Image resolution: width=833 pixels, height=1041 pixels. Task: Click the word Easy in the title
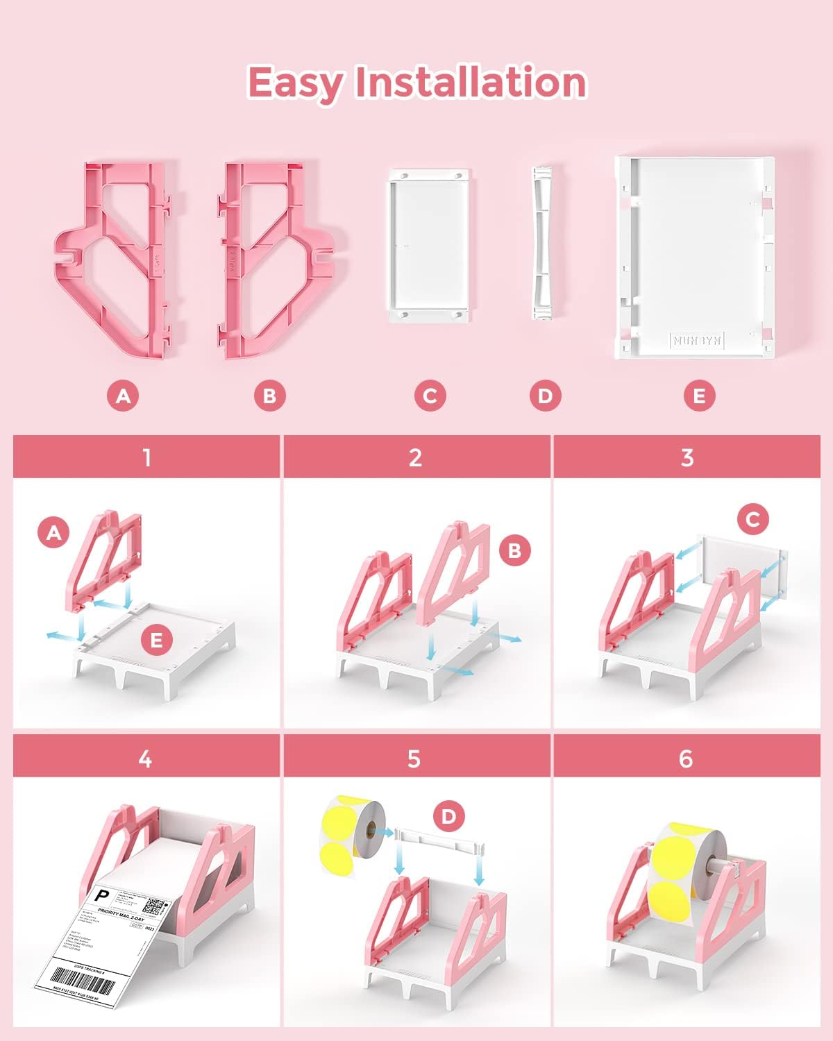[x=294, y=83]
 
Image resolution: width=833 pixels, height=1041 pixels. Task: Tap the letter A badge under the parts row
[x=123, y=396]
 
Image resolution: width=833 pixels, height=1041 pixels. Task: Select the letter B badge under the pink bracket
[x=269, y=396]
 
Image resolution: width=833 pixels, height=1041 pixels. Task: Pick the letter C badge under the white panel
[x=430, y=396]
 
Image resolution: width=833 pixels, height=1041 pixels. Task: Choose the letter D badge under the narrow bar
[x=545, y=396]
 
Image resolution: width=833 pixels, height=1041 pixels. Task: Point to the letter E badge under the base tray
[x=699, y=396]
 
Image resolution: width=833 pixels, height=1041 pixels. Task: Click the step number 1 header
[x=146, y=457]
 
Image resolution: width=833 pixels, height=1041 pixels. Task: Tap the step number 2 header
[x=416, y=457]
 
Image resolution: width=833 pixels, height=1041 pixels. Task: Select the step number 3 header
[x=687, y=457]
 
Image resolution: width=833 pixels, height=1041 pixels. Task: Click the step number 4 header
[x=145, y=759]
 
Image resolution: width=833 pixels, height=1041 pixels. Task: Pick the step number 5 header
[x=414, y=759]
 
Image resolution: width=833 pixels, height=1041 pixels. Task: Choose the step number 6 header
[x=686, y=759]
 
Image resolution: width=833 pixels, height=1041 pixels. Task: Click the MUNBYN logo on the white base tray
[x=696, y=340]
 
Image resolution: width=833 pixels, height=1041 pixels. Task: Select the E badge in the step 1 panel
[x=156, y=640]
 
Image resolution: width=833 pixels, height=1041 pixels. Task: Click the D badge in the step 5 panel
[x=449, y=816]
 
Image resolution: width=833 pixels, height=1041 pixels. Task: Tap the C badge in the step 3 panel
[x=752, y=518]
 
